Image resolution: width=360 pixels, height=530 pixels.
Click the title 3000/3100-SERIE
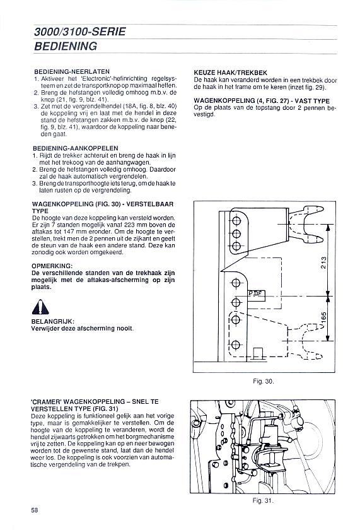coord(80,32)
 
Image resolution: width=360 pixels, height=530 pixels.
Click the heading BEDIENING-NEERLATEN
coord(72,72)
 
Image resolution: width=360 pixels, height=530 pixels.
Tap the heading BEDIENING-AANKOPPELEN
coord(76,148)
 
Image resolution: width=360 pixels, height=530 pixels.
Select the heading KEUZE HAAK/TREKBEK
coord(231,73)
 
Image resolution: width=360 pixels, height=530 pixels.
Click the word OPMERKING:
coord(52,266)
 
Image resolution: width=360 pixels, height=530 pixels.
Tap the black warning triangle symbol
coord(40,307)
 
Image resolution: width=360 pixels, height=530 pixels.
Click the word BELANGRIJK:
coord(53,321)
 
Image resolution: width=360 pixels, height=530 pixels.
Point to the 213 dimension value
coord(323,262)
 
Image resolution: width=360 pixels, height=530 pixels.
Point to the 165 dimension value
coord(323,319)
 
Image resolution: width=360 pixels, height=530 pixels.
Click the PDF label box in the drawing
coord(257,295)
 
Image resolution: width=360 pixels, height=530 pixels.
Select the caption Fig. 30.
coord(264,381)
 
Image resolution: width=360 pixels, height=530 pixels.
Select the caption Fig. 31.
coord(263,500)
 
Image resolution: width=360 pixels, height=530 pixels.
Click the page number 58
coord(35,510)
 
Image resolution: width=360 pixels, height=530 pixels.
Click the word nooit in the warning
coord(125,328)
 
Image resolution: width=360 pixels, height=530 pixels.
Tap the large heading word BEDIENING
coord(66,46)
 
